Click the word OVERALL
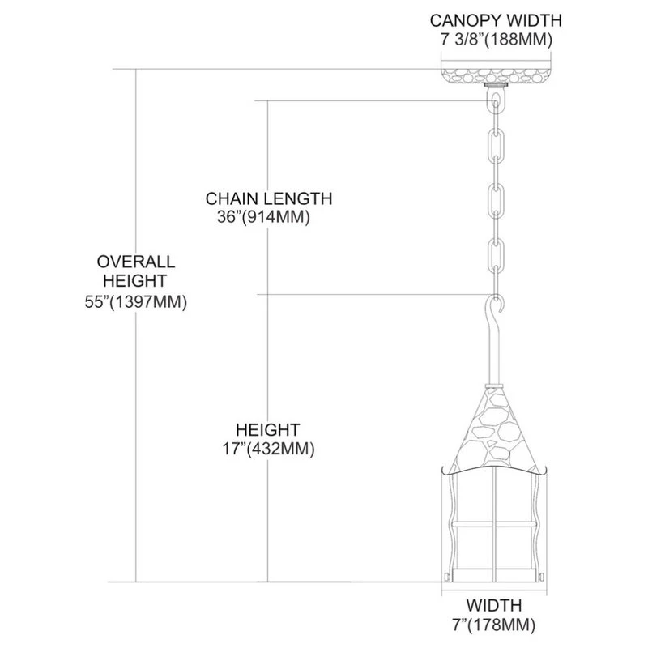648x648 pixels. coord(135,262)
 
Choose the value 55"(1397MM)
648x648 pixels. coord(135,302)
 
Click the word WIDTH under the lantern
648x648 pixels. coord(493,605)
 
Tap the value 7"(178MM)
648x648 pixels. coord(493,625)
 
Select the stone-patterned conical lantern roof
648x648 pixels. coord(494,429)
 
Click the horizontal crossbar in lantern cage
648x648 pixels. coord(494,525)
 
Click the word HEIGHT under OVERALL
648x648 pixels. coord(135,282)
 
